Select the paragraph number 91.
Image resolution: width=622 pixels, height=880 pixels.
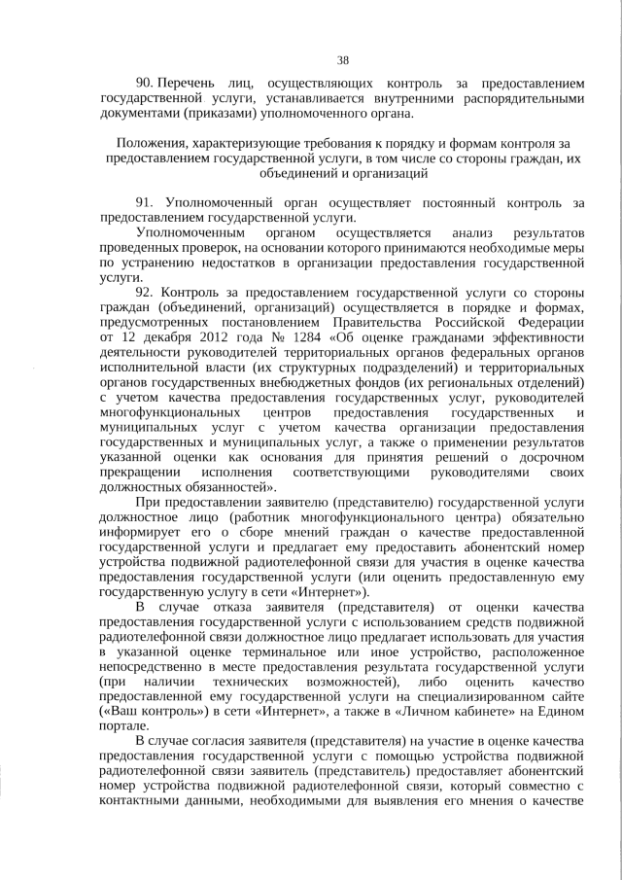146,202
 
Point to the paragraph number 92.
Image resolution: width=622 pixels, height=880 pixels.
146,292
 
